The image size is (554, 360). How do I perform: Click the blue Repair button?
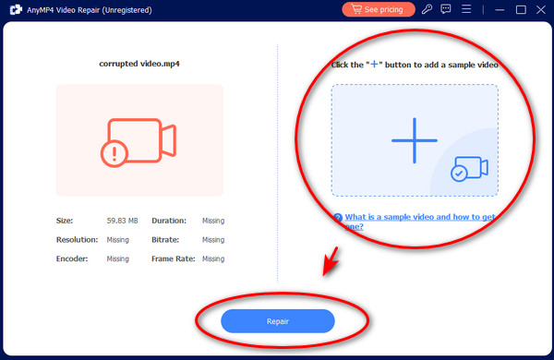(278, 321)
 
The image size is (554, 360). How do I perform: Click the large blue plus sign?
(415, 140)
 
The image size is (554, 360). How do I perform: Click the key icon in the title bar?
(427, 9)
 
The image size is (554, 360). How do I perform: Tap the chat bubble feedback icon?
(446, 9)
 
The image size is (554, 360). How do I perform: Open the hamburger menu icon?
(466, 9)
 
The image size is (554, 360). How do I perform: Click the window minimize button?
(500, 10)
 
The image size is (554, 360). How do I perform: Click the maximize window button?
(521, 9)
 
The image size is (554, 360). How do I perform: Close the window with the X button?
(541, 9)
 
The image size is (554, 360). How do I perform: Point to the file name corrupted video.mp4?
(139, 64)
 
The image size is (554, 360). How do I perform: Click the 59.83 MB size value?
(122, 221)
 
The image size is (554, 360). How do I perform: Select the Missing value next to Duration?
(213, 221)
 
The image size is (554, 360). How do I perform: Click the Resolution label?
(77, 240)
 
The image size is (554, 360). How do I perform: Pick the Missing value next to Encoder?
(117, 259)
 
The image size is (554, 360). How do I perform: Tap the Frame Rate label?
(174, 259)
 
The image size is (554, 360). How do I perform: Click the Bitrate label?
(165, 240)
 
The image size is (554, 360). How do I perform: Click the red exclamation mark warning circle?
(114, 153)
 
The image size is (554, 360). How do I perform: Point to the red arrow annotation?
(331, 261)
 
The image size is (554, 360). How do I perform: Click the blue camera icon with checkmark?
(469, 169)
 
